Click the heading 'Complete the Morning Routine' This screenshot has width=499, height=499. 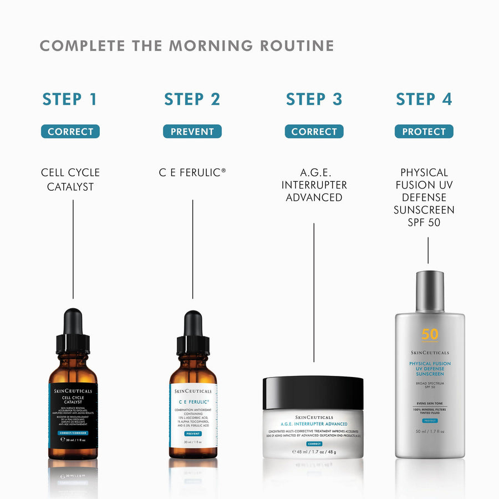(187, 45)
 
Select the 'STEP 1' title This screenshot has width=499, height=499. (70, 99)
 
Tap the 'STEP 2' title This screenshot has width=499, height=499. (192, 99)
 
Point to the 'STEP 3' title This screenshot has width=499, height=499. (314, 99)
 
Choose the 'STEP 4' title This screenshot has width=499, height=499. (424, 99)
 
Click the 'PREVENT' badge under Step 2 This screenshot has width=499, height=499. (192, 131)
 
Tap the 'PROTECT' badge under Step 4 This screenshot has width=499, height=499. (424, 131)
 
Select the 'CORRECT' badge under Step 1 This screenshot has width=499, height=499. (70, 131)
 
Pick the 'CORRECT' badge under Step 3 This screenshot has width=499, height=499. (314, 131)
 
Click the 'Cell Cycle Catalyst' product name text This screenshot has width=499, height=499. (70, 180)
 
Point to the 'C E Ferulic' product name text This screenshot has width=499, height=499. (192, 173)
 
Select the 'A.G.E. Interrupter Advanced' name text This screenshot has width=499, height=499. (314, 185)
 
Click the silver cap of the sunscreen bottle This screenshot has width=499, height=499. (430, 292)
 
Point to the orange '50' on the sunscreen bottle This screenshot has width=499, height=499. (430, 334)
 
